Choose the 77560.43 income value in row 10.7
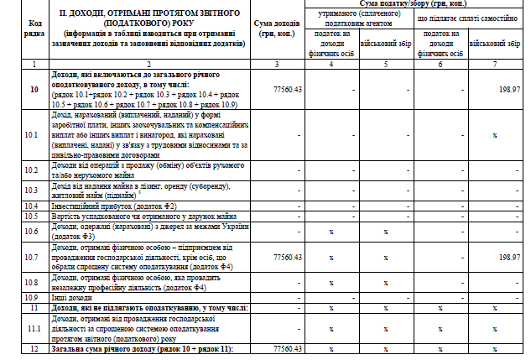(287, 257)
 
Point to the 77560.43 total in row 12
(287, 347)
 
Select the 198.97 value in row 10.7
(508, 257)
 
